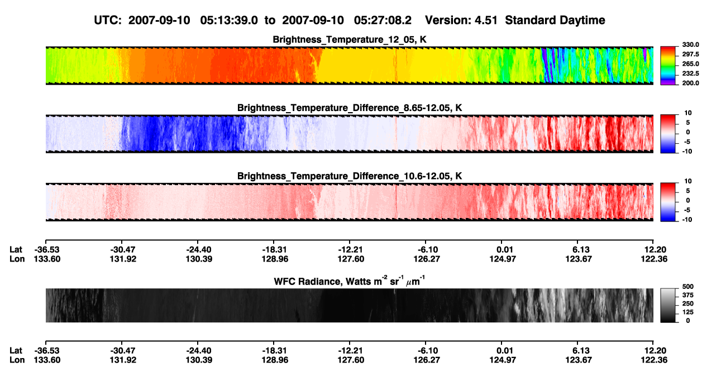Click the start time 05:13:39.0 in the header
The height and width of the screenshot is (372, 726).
(229, 20)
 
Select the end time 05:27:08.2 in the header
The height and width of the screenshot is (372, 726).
(383, 20)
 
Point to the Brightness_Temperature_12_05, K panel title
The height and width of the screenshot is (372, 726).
(350, 40)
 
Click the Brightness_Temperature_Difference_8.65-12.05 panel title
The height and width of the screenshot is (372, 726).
(350, 108)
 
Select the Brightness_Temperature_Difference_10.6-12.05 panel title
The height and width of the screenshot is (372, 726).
(350, 176)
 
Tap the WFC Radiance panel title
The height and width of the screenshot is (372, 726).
(350, 281)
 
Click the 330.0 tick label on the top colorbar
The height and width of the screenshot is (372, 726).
(690, 45)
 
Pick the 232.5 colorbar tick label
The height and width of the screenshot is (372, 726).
(690, 74)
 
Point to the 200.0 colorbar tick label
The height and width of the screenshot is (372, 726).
(690, 83)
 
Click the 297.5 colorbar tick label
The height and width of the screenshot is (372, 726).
(690, 55)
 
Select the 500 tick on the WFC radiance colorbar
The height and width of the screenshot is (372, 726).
(688, 287)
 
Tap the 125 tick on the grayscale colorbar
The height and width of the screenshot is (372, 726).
(688, 312)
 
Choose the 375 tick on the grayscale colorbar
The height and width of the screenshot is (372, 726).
(688, 295)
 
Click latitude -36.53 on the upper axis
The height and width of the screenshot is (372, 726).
(47, 250)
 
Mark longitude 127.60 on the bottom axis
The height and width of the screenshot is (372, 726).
(351, 360)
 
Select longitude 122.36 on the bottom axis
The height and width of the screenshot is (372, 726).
(654, 360)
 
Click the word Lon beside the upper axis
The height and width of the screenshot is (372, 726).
(17, 259)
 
